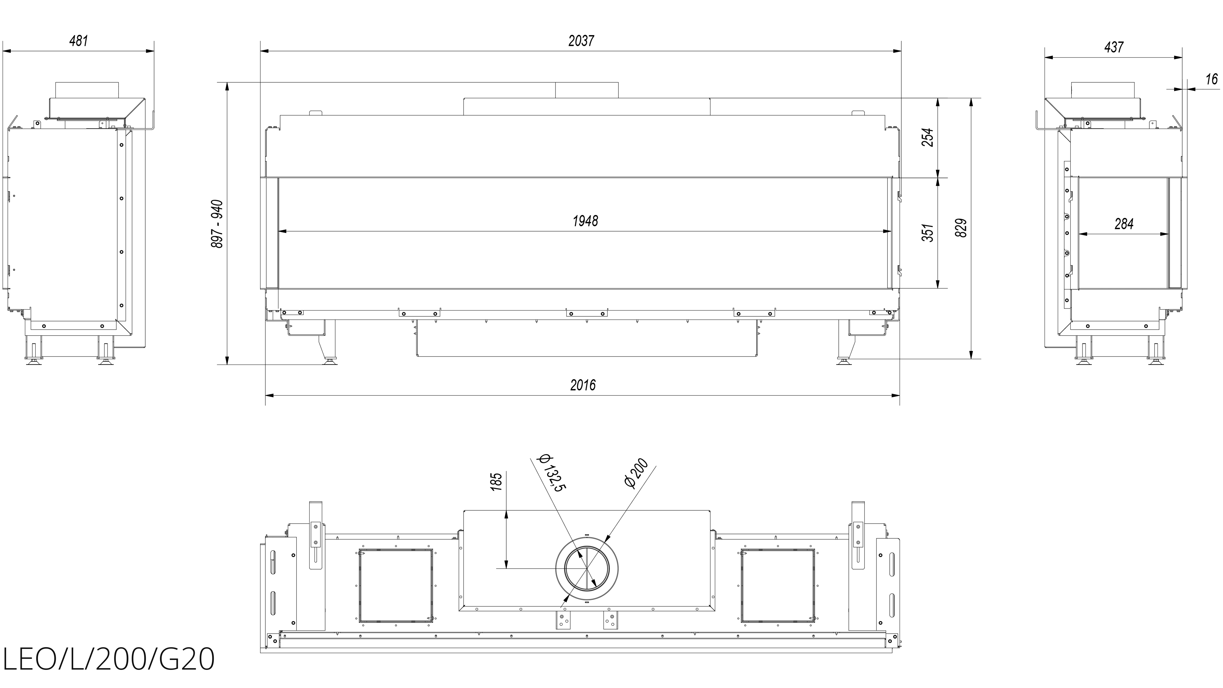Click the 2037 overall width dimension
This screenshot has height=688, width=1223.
tap(581, 41)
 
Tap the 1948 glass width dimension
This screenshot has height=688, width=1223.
tap(585, 221)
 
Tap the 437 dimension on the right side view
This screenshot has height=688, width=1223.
tap(1114, 47)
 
